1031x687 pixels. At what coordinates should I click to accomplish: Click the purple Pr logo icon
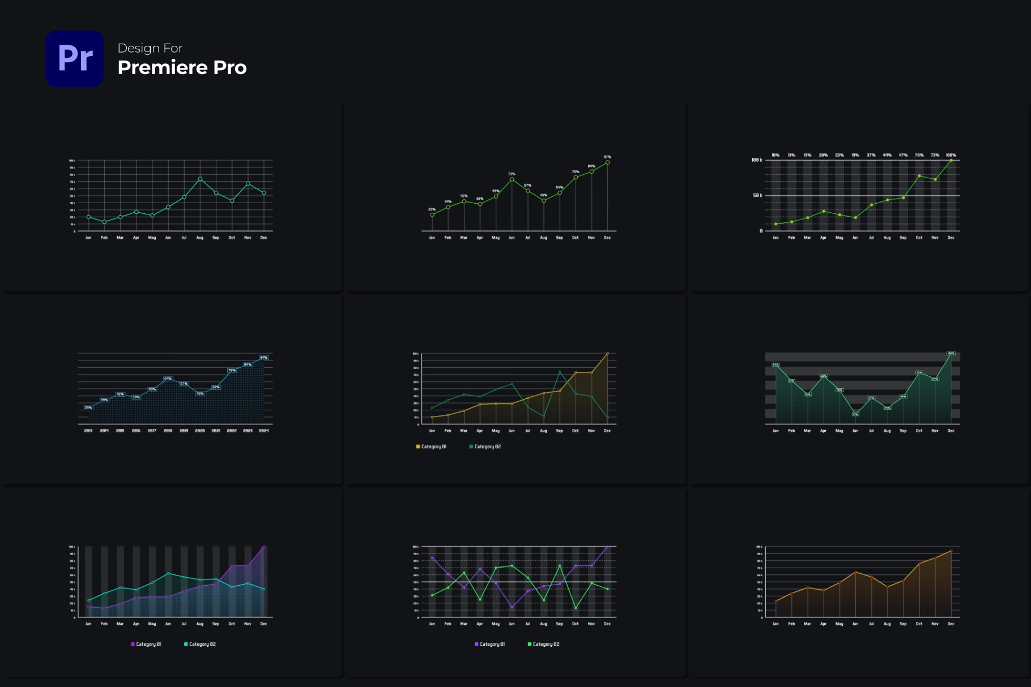tap(75, 58)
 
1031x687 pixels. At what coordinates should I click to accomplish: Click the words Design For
tap(150, 48)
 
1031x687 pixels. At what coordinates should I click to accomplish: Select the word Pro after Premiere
tap(230, 67)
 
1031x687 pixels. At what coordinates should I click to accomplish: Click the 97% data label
tap(607, 157)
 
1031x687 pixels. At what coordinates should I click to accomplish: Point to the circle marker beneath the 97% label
tap(607, 162)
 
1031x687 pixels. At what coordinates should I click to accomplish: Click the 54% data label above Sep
tap(559, 187)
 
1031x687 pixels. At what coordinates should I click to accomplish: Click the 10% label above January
tap(776, 155)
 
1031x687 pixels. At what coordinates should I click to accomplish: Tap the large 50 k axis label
tap(757, 196)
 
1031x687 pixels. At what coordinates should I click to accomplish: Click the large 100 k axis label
tap(757, 160)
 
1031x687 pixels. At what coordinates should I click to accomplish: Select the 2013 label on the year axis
tap(88, 431)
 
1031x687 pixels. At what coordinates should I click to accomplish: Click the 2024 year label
tap(263, 431)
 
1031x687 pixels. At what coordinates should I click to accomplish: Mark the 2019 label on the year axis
tap(184, 431)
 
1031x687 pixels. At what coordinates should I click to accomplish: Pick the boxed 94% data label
tap(263, 358)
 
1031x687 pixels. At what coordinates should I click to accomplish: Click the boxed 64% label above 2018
tap(168, 379)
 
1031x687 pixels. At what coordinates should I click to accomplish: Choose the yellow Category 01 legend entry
tap(432, 446)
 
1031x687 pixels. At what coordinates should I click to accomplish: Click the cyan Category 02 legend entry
tap(200, 644)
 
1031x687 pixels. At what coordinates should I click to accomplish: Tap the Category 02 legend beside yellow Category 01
tap(485, 446)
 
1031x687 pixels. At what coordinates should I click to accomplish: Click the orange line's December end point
tap(951, 551)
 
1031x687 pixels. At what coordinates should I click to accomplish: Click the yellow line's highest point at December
tap(607, 354)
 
